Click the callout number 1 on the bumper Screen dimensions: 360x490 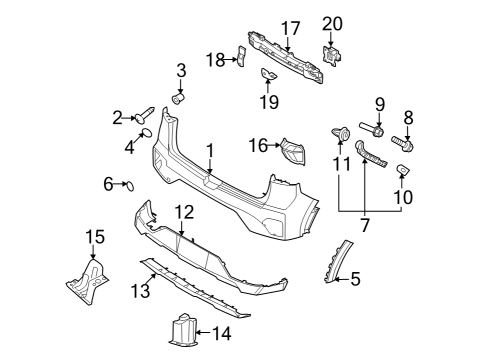coord(211,149)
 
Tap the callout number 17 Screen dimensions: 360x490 coord(290,27)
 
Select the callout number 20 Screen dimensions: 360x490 coord(331,23)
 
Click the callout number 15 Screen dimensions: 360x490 coord(94,236)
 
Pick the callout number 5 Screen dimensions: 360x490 coord(354,280)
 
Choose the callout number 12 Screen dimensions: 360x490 coord(183,211)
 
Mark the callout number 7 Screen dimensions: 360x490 coord(365,226)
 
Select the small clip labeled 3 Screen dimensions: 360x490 coord(180,98)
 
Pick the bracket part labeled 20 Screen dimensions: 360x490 coord(330,59)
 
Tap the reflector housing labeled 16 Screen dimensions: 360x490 coord(294,149)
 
